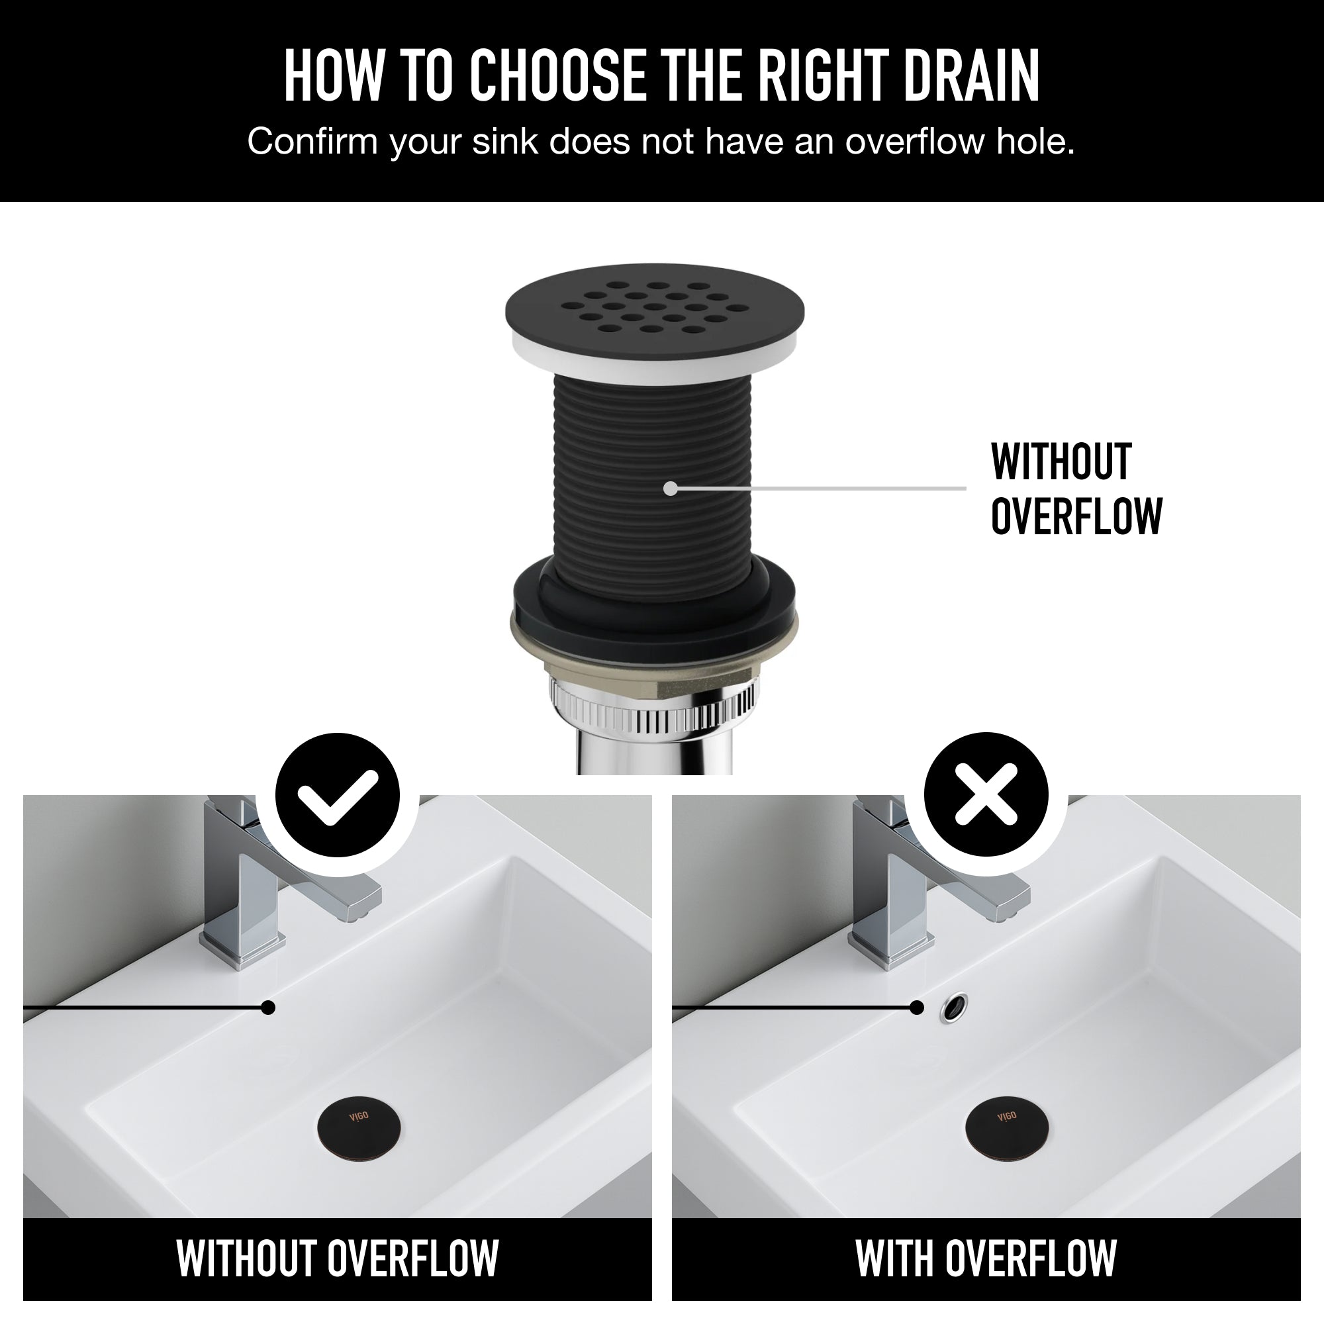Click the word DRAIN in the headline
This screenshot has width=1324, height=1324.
point(971,75)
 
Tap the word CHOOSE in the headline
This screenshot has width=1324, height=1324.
point(557,75)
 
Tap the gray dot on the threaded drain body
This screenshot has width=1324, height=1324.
point(671,488)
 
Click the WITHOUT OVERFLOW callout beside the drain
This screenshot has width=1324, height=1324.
point(1076,489)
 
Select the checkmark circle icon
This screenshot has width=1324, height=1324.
point(337,794)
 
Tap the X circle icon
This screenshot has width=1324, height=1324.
point(986,794)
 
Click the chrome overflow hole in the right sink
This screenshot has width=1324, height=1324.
point(954,1008)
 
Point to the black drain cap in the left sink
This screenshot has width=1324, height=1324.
point(359,1127)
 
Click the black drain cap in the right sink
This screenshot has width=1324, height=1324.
point(1007,1127)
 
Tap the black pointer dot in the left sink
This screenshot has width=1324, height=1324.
point(269,1008)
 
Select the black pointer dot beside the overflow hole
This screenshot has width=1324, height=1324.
point(917,1008)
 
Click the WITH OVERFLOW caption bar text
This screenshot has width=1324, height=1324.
point(986,1258)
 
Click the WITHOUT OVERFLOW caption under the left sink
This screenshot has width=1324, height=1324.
point(337,1258)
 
